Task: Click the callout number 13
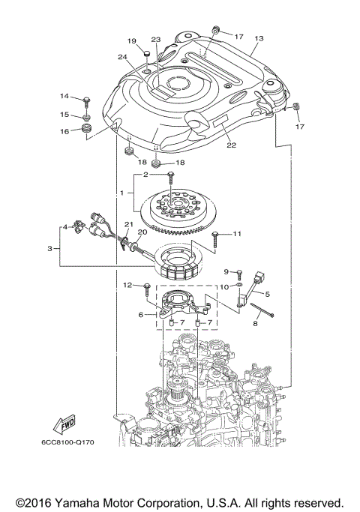259,38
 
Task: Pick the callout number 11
237,235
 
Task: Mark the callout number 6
142,316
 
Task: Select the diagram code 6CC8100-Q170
67,442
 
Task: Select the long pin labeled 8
262,309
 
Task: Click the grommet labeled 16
88,132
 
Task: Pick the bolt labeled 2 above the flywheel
172,177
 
